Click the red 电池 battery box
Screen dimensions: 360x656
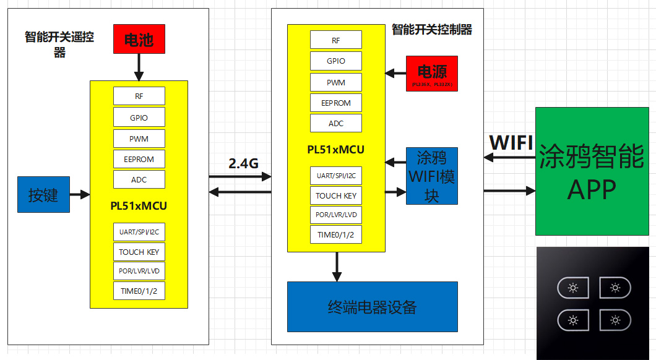[x=139, y=39]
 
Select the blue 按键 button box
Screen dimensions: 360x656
[x=43, y=195]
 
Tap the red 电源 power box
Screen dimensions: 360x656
[x=432, y=74]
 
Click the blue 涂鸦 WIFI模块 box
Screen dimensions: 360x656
[x=432, y=176]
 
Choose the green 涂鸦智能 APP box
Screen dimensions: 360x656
[x=592, y=171]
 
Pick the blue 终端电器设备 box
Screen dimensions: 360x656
[x=372, y=307]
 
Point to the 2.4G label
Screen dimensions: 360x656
[x=243, y=163]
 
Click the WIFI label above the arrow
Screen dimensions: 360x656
[x=511, y=143]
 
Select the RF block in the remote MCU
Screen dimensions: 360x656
[x=139, y=96]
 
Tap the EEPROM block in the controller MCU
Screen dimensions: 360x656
[x=336, y=103]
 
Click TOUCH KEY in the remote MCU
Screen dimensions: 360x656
[x=139, y=252]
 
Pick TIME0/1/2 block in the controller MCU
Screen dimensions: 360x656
[x=336, y=234]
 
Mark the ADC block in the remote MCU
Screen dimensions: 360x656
[x=139, y=179]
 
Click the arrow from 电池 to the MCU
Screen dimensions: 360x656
[x=139, y=67]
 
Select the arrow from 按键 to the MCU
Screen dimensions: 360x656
[x=80, y=195]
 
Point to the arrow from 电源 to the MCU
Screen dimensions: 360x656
[x=395, y=73]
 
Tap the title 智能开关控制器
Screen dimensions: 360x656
[x=432, y=29]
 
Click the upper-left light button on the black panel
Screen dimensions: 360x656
[x=574, y=288]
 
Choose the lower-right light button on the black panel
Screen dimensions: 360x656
[x=615, y=320]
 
